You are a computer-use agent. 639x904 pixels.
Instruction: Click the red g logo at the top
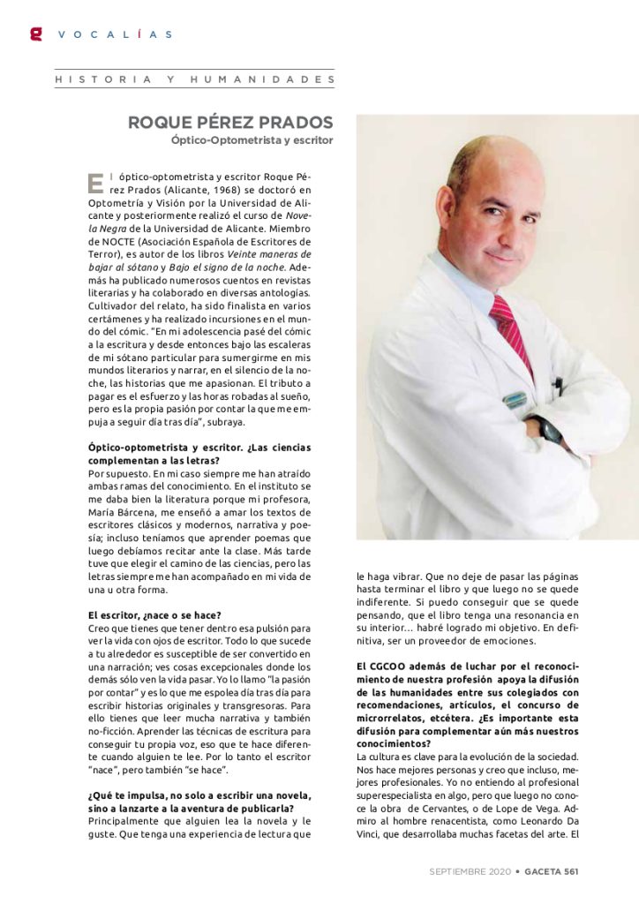pyautogui.click(x=36, y=34)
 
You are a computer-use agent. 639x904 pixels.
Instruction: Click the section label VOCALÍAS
pyautogui.click(x=115, y=34)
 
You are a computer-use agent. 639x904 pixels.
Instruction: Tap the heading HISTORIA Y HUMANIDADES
pyautogui.click(x=195, y=79)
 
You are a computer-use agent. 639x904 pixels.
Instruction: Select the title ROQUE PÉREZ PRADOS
pyautogui.click(x=231, y=122)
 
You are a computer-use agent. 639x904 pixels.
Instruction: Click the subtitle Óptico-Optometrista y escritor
pyautogui.click(x=252, y=139)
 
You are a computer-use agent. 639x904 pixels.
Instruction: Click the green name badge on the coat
pyautogui.click(x=515, y=399)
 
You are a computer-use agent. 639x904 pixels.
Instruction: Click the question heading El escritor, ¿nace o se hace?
pyautogui.click(x=154, y=614)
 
